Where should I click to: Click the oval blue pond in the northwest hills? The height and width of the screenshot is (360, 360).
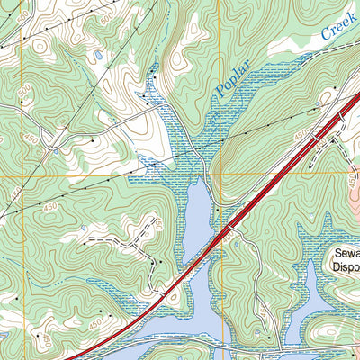(x=97, y=57)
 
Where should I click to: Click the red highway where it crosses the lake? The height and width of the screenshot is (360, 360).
(x=220, y=236)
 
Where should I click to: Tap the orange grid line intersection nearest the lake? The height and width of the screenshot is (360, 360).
(x=219, y=175)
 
